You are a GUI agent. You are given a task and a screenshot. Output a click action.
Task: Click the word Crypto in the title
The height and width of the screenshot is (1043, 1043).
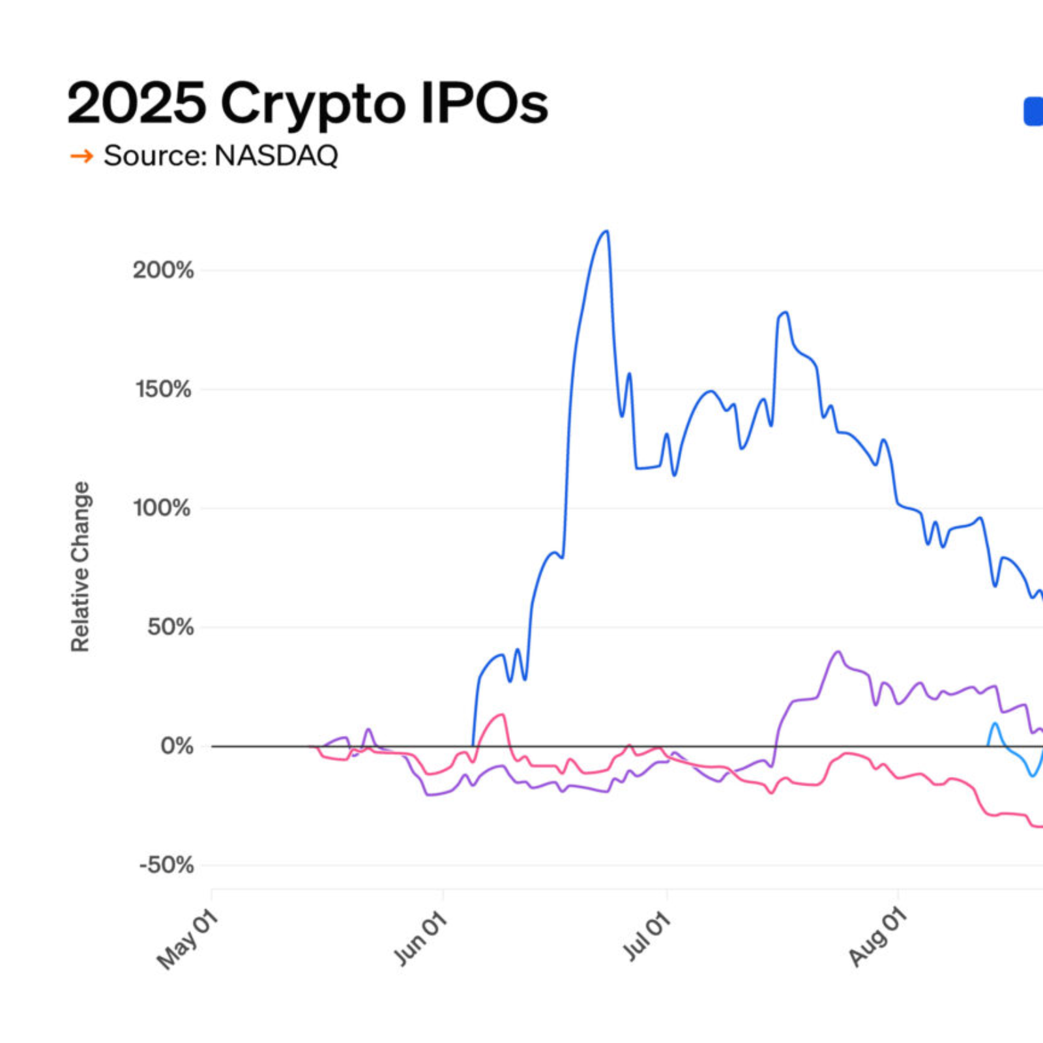[x=313, y=104]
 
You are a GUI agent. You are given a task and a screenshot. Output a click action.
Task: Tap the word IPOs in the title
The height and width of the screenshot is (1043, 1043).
[x=484, y=102]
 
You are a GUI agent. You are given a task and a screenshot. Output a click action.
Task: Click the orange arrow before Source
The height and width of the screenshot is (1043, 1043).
[x=81, y=156]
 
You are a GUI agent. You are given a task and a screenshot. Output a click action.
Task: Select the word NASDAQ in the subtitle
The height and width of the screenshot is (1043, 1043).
[x=276, y=156]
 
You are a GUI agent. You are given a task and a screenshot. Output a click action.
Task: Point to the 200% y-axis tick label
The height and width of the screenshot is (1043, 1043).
[x=163, y=270]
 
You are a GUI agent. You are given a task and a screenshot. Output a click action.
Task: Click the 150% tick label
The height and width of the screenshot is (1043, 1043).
[x=163, y=389]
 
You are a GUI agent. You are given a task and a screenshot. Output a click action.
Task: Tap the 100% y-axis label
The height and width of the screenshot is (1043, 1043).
[x=162, y=508]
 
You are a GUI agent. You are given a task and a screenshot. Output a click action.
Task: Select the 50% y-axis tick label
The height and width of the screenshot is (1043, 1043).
[x=170, y=627]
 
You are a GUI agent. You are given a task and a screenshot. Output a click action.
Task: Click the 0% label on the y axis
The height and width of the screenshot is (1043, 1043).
[x=177, y=746]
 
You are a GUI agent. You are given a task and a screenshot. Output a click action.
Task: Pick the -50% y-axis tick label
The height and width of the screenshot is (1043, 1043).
[x=166, y=866]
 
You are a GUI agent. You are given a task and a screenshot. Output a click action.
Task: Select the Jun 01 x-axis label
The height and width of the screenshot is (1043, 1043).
[x=420, y=939]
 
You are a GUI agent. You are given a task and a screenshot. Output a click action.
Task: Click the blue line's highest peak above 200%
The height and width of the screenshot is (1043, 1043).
[x=606, y=231]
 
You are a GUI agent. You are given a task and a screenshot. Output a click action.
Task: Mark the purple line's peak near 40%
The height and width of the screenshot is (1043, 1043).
[x=838, y=651]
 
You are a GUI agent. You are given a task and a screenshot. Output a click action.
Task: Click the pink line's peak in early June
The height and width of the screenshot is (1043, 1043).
[x=503, y=714]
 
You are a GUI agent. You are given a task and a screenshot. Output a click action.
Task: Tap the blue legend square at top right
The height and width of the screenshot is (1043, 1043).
[x=1033, y=111]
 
